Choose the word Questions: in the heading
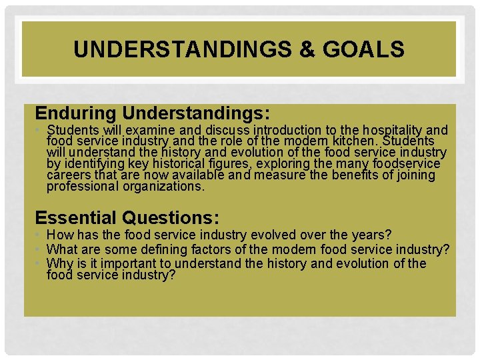tap(178, 217)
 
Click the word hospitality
tap(388, 130)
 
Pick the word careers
tap(69, 175)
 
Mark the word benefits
tap(340, 175)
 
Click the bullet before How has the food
tap(39, 235)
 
